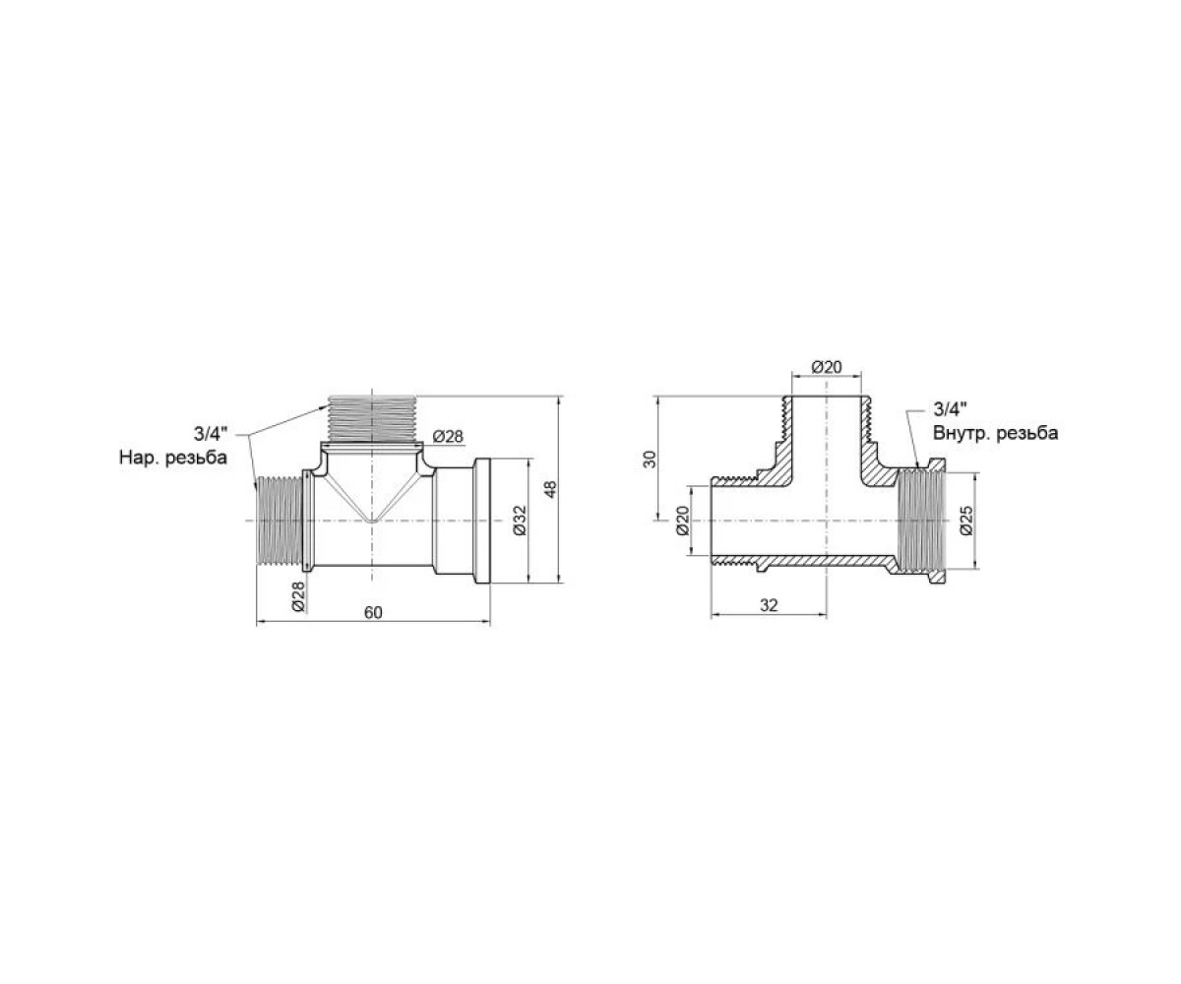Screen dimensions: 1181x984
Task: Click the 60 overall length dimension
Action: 373,613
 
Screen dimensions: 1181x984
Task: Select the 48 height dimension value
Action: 550,489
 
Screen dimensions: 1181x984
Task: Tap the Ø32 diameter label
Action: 520,521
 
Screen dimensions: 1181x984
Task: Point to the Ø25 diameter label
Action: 966,521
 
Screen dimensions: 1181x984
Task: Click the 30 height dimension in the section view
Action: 651,459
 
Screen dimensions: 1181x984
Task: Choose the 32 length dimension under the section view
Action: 769,606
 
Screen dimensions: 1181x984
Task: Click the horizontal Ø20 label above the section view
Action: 827,367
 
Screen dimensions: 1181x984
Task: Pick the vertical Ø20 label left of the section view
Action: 682,521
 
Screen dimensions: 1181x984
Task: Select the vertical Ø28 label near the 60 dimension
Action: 298,596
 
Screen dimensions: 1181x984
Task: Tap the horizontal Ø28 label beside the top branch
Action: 448,437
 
